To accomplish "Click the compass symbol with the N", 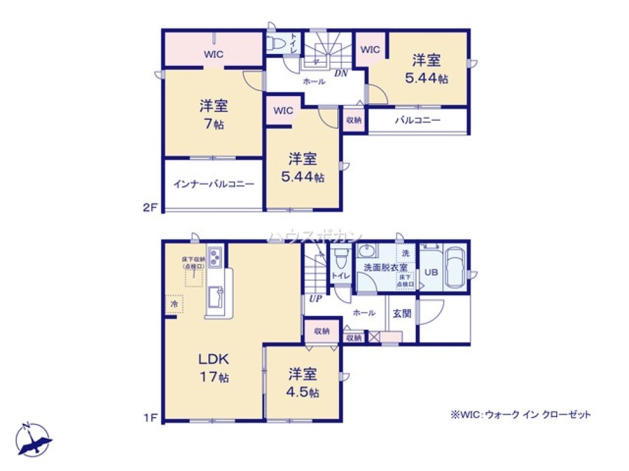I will click(33, 439).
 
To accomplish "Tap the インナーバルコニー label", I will click(214, 185).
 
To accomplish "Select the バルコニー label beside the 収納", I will click(418, 120).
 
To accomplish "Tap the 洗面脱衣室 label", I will click(385, 267).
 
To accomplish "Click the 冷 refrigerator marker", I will click(174, 304).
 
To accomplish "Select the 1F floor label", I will click(149, 416).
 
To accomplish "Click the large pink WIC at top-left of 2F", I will click(213, 54).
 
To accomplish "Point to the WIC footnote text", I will click(520, 414).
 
